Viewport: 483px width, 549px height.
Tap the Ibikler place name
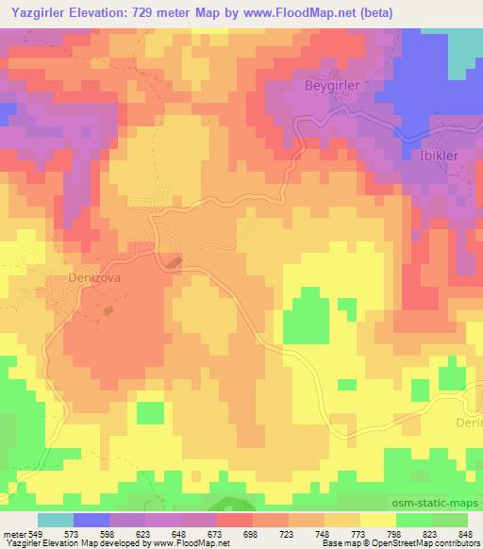tap(437, 157)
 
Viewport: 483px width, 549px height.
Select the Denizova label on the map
tap(96, 279)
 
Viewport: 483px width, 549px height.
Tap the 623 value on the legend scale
tap(143, 533)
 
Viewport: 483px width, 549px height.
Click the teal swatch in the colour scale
tap(56, 520)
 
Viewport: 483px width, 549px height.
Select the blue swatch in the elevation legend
tap(92, 520)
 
